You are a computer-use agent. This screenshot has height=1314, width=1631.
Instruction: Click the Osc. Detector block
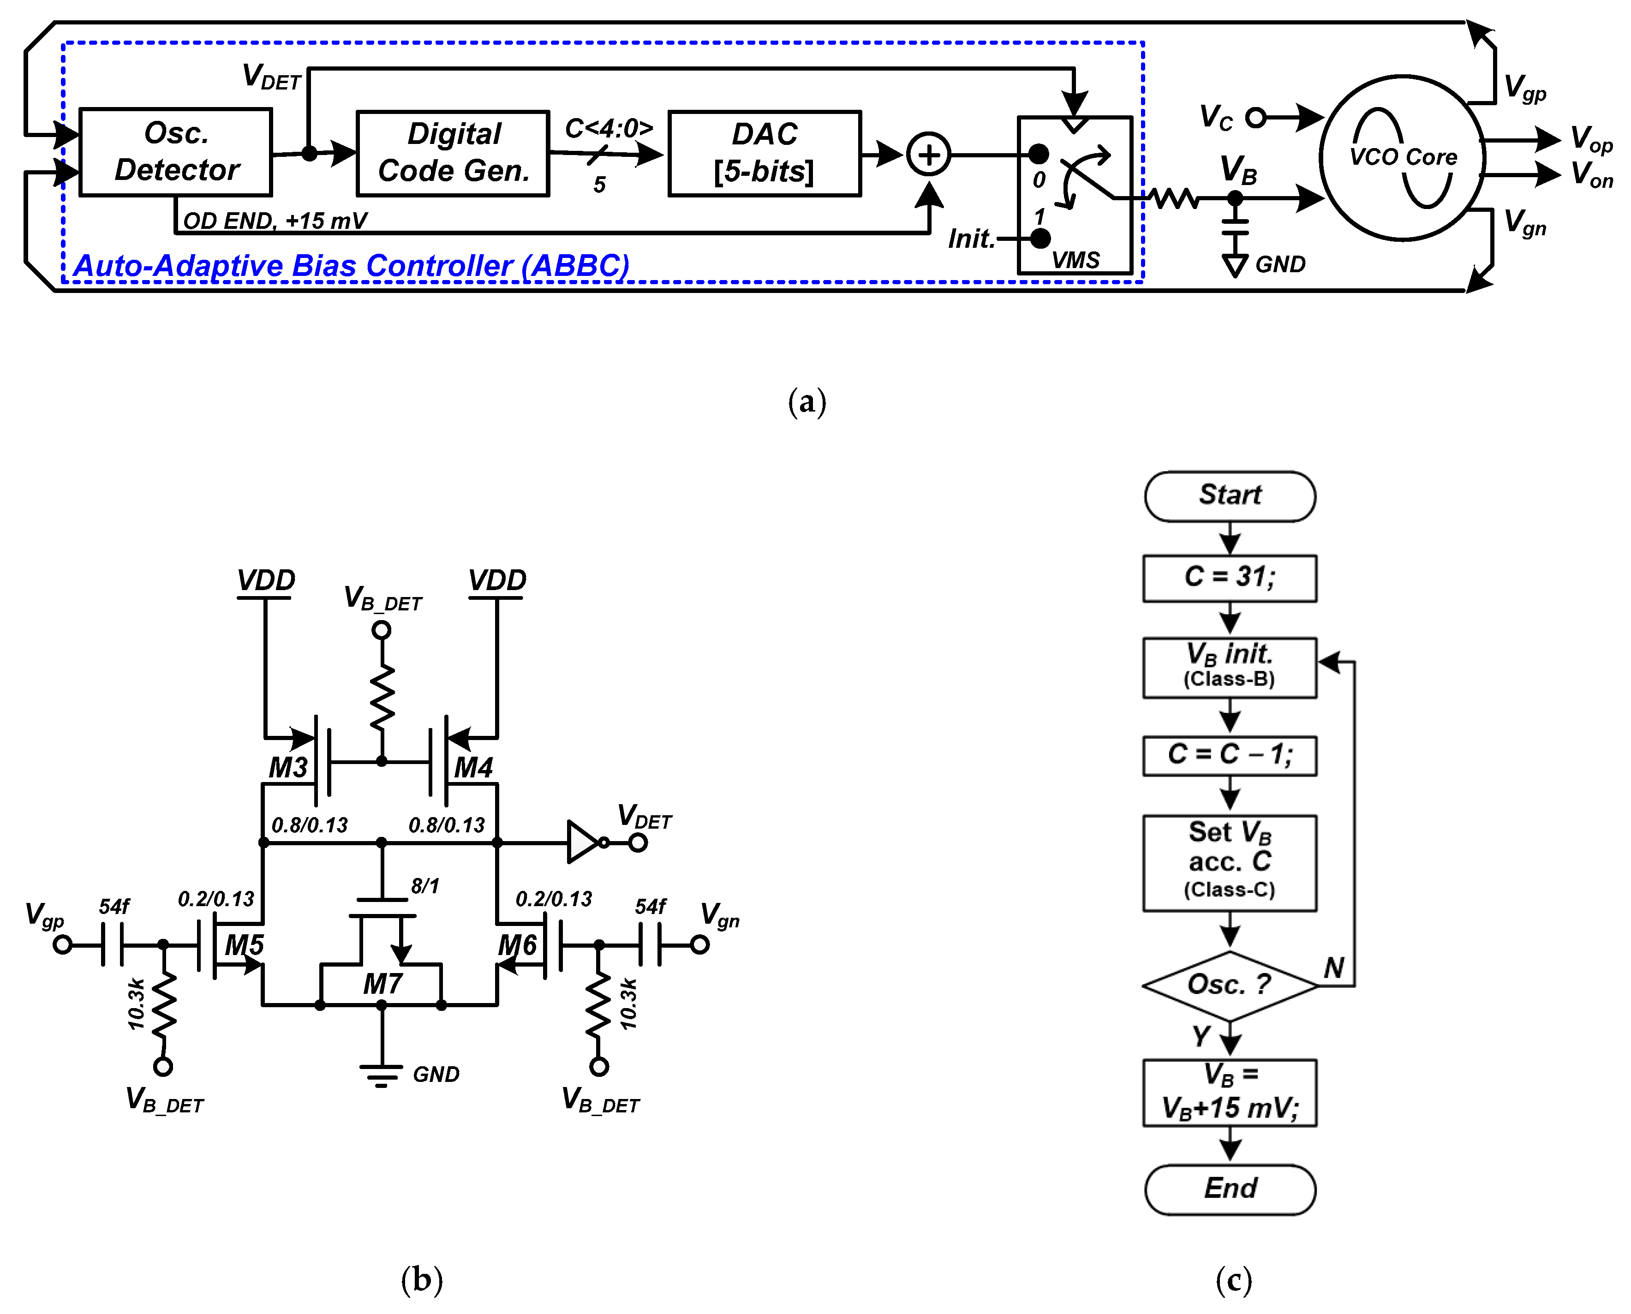tap(176, 152)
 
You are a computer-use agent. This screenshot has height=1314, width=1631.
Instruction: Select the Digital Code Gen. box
tap(453, 154)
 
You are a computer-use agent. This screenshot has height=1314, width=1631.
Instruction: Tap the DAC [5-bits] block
tap(765, 154)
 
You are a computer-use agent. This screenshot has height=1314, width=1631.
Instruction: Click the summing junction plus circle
tap(929, 155)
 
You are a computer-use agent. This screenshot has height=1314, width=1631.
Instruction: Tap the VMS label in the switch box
tap(1075, 260)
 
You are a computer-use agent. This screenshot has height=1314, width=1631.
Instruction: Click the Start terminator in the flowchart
tap(1230, 496)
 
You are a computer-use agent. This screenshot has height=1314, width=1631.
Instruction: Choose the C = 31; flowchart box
tap(1230, 578)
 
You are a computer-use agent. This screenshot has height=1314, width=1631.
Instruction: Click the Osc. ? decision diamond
tap(1230, 985)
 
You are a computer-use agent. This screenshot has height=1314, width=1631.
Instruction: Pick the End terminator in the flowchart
tap(1230, 1189)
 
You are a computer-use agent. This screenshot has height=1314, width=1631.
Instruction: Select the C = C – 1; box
tap(1230, 755)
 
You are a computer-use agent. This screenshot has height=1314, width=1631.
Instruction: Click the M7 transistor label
tap(382, 984)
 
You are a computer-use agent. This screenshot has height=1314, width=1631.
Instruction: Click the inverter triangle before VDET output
tap(583, 842)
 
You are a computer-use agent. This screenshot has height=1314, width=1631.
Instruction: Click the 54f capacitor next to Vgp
tap(113, 944)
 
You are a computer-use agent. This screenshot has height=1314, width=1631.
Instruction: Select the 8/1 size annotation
tap(424, 885)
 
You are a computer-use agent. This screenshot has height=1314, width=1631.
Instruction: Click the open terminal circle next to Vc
tap(1255, 117)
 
